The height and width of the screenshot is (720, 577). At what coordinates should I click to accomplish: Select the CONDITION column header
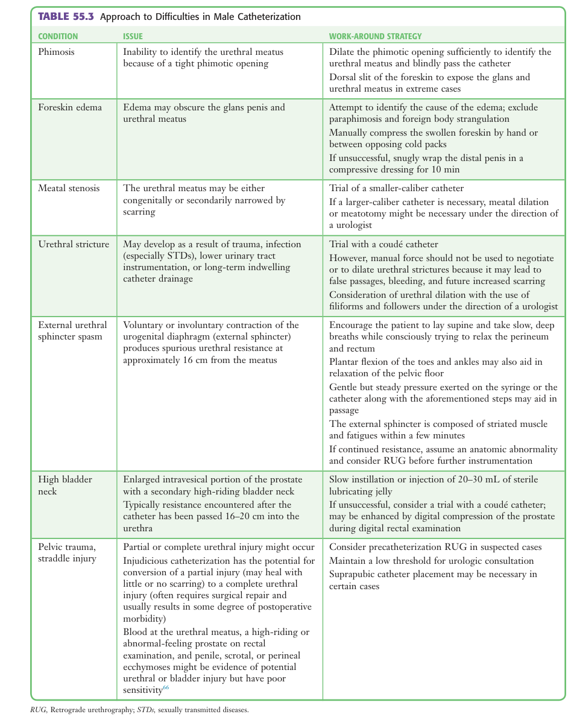58,36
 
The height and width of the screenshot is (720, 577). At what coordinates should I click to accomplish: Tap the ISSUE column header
133,36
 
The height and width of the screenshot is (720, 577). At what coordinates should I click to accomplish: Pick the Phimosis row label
57,52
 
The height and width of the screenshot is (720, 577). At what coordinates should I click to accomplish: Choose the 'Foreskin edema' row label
70,107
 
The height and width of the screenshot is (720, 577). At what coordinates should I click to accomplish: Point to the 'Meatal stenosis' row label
69,188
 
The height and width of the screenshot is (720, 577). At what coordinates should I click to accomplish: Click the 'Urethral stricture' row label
74,244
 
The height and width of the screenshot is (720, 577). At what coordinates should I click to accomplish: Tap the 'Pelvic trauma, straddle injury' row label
66,553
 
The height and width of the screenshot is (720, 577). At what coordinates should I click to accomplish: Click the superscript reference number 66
166,688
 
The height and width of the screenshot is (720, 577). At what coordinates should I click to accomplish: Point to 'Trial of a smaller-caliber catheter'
396,188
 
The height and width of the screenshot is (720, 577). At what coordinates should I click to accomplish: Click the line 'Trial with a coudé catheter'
383,244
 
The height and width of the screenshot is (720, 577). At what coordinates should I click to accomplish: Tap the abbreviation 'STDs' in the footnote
145,710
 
